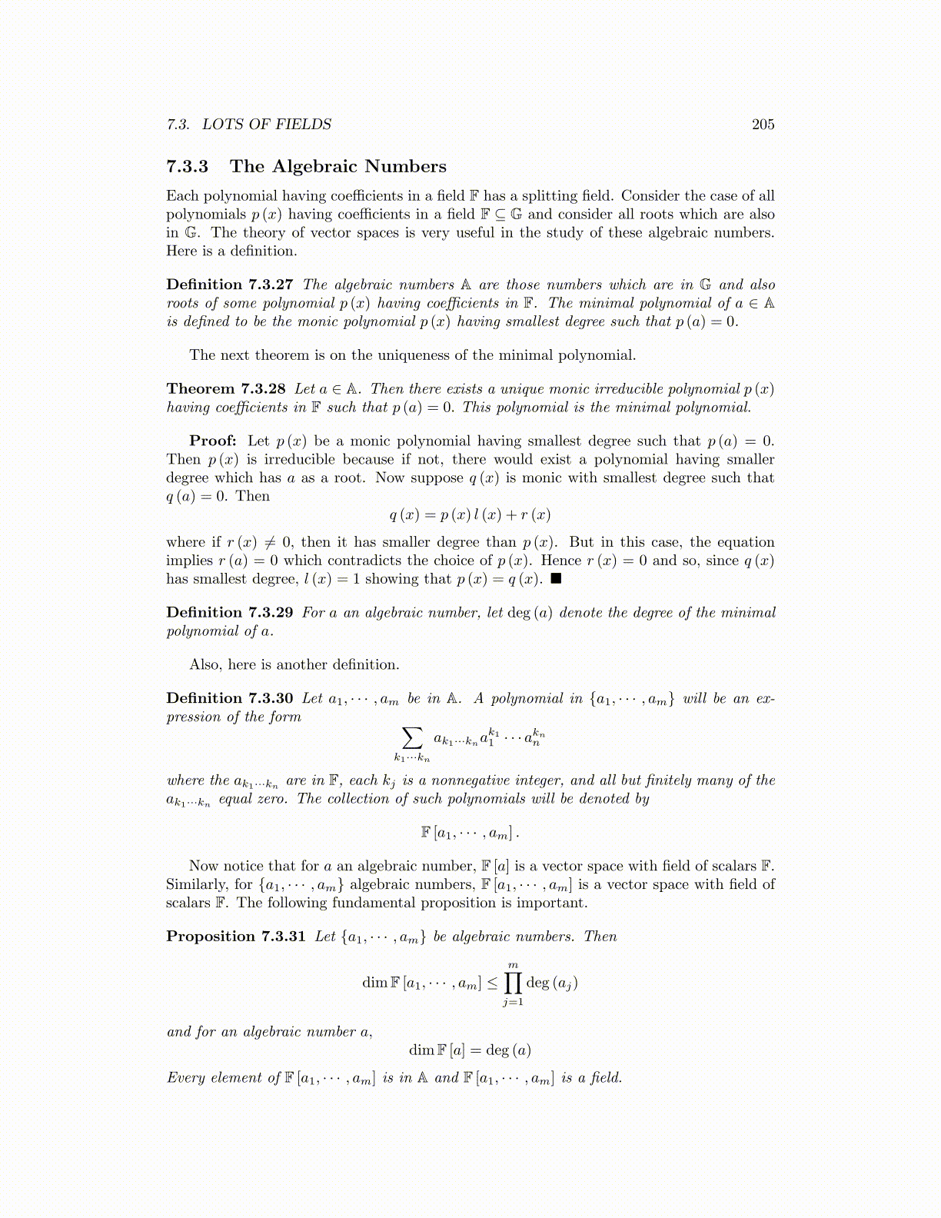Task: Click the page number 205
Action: (763, 125)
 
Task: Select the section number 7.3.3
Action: (187, 167)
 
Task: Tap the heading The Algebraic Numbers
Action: (337, 167)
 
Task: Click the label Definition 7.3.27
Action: (229, 285)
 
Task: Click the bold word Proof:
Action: (212, 441)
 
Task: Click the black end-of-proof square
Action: (556, 579)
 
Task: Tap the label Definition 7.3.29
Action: (229, 613)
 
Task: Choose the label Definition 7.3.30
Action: (229, 698)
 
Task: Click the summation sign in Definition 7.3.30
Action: (413, 738)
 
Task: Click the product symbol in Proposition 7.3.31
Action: (513, 983)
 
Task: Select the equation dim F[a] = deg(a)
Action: (470, 1050)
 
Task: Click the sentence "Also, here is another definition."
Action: (294, 664)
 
